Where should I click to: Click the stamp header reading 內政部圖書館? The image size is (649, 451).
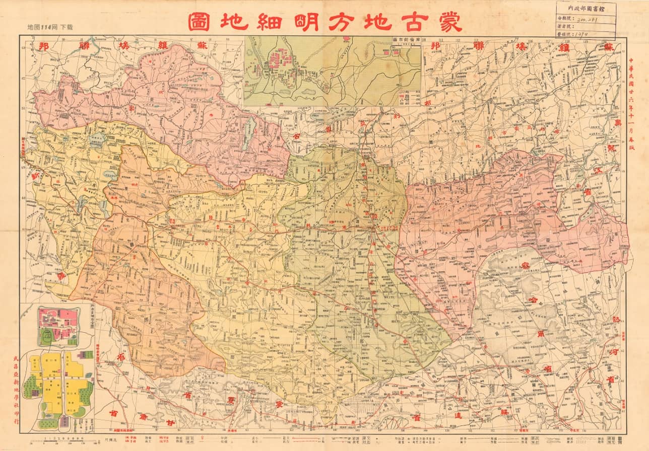coord(586,8)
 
